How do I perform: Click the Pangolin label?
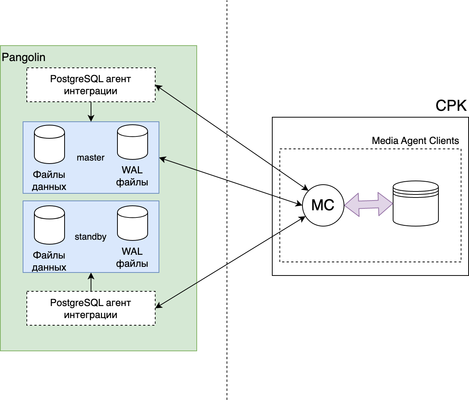[x=23, y=57]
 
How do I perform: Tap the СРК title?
[x=451, y=106]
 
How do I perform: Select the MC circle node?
[x=323, y=205]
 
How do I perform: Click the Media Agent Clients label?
[x=415, y=141]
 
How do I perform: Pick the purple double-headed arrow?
[x=369, y=204]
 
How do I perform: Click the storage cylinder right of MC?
[x=415, y=204]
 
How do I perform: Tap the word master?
[x=91, y=158]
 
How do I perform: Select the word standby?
[x=91, y=237]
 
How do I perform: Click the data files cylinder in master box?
[x=49, y=144]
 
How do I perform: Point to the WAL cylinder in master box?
[x=133, y=142]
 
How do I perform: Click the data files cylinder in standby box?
[x=49, y=225]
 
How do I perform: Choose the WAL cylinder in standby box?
[x=133, y=223]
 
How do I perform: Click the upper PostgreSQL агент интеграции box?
[x=91, y=85]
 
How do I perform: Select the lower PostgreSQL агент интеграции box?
[x=91, y=308]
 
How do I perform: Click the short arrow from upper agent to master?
[x=91, y=112]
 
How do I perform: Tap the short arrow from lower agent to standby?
[x=91, y=282]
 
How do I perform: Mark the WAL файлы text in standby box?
[x=132, y=257]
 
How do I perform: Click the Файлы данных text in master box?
[x=49, y=181]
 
